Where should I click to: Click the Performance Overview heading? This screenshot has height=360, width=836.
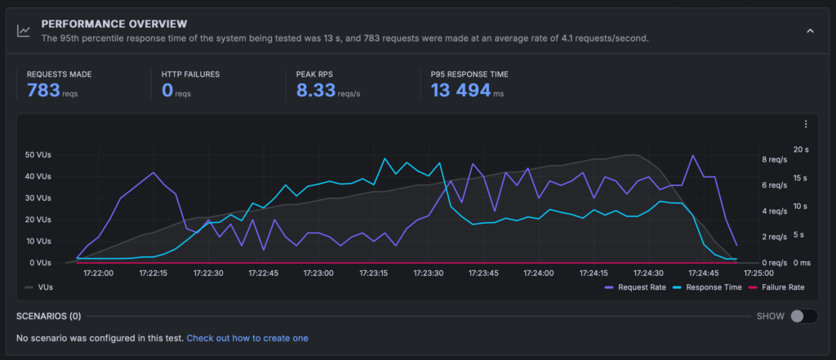pos(113,24)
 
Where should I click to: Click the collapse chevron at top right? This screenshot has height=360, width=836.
pos(810,31)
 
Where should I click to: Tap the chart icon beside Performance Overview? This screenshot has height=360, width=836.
pos(24,31)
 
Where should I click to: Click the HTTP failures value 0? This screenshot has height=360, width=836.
pos(167,90)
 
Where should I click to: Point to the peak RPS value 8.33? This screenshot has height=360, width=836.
pos(316,90)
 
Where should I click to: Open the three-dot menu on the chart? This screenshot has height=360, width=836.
pos(806,124)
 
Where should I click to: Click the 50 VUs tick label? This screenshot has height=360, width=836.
pos(39,155)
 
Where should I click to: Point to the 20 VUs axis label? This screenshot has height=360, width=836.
pos(39,220)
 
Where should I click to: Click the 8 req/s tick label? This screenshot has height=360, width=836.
pos(772,159)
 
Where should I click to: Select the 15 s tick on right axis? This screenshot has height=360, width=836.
pos(802,178)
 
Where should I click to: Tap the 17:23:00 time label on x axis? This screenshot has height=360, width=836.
pos(318,273)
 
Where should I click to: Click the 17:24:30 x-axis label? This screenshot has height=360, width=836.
pos(648,273)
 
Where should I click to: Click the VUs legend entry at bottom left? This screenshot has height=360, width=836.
pos(41,287)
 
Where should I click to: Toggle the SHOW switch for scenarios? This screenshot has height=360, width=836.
pos(803,316)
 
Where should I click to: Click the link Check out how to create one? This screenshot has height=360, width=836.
pos(247,338)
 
